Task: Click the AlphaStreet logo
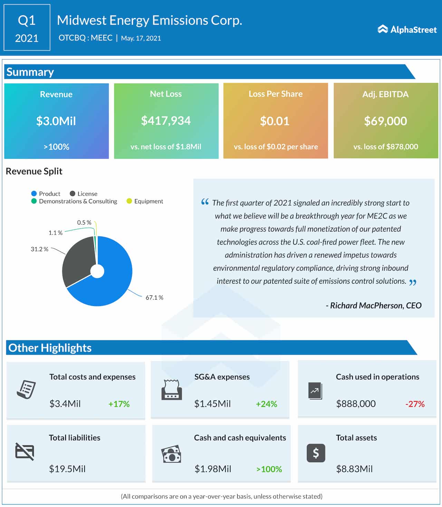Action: tap(407, 29)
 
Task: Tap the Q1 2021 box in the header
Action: tap(27, 28)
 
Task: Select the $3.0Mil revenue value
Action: tap(56, 121)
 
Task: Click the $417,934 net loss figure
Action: tap(166, 121)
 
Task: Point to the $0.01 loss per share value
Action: tap(275, 121)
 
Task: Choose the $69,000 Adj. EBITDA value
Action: tap(385, 121)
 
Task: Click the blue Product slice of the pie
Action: tap(110, 283)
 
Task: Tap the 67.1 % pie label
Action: tap(154, 298)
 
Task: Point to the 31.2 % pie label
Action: tap(39, 249)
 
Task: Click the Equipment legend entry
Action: tap(145, 201)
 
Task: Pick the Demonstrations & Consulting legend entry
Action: tap(74, 201)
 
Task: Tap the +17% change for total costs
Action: tap(119, 404)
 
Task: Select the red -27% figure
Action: tap(415, 404)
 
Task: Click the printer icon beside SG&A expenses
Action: tap(172, 390)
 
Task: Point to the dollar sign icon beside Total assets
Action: tap(316, 453)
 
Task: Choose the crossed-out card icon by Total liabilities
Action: tap(25, 451)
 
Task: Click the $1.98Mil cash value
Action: tap(213, 469)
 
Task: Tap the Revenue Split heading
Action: tap(34, 171)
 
